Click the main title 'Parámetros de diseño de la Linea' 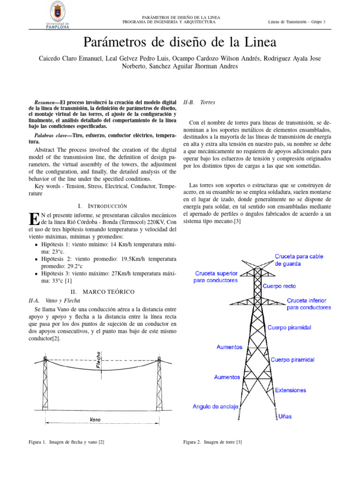pyautogui.click(x=180, y=43)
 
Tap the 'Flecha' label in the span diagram pyautogui.click(x=98, y=360)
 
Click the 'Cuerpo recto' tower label pyautogui.click(x=279, y=286)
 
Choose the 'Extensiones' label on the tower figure pyautogui.click(x=290, y=390)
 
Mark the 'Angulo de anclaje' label pyautogui.click(x=216, y=406)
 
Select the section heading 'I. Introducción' pyautogui.click(x=102, y=206)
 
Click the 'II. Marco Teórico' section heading pyautogui.click(x=102, y=292)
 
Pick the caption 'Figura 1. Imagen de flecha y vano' pyautogui.click(x=67, y=442)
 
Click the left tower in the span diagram pyautogui.click(x=45, y=384)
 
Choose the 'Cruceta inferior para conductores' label pyautogui.click(x=309, y=304)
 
